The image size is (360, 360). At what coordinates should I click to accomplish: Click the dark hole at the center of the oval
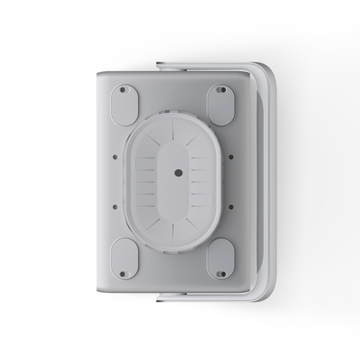coord(178,172)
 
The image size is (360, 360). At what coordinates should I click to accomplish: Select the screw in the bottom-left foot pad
coord(123,274)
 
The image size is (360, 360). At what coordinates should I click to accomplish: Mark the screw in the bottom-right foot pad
coord(222,273)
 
